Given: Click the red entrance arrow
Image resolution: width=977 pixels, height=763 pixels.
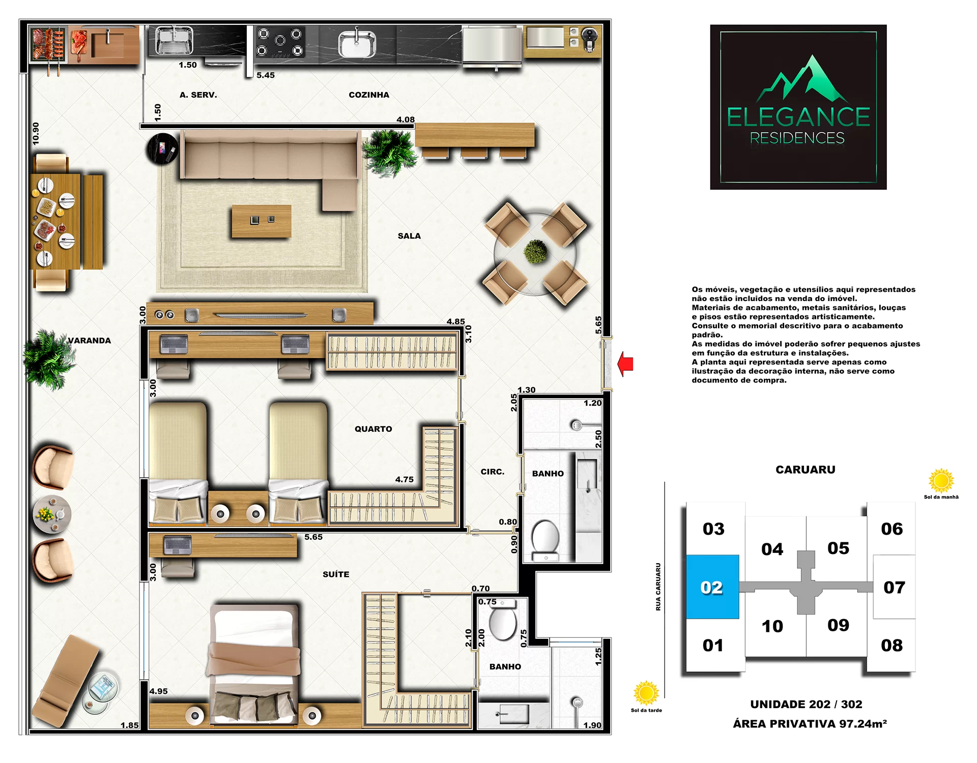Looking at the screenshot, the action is tap(625, 364).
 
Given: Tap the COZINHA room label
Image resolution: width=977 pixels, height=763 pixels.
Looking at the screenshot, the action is tap(369, 95).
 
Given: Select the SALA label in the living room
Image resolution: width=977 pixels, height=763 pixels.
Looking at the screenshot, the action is tap(409, 236).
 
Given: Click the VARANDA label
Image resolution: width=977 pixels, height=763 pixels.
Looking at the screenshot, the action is tap(89, 340).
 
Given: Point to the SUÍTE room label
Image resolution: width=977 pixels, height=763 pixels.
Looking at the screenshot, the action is tap(336, 574).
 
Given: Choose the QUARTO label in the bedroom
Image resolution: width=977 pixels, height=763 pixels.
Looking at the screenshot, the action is tap(373, 429).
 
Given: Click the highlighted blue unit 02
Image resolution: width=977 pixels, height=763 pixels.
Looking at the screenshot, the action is tap(712, 587).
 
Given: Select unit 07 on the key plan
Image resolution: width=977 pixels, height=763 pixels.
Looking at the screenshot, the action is tap(894, 587).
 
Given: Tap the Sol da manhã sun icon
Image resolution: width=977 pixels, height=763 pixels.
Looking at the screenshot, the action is tap(941, 480).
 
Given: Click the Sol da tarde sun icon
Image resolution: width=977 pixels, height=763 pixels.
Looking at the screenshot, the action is tap(646, 693).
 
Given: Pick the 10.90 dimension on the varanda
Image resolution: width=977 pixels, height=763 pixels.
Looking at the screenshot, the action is tap(36, 133).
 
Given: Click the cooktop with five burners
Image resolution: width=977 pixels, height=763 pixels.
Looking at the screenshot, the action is tap(279, 42).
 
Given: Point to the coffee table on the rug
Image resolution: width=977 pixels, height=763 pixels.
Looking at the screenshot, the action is tap(262, 221).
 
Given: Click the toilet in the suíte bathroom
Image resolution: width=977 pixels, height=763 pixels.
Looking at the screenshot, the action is tap(503, 621).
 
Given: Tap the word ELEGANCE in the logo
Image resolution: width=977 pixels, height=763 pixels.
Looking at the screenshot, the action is tap(798, 117).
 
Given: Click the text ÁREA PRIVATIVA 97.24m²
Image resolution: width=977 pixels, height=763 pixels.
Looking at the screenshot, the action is tap(810, 724).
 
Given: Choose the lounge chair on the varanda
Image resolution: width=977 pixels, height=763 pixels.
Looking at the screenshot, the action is tap(66, 681).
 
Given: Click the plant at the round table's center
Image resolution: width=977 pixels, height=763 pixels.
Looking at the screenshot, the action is tap(536, 252).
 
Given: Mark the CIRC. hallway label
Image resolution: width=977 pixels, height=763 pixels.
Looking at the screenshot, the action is tap(493, 472).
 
